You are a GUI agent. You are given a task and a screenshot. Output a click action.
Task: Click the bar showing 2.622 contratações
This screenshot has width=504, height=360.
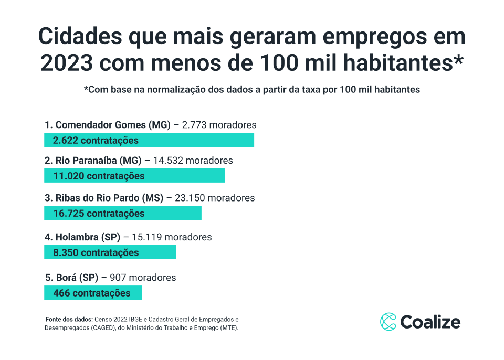click(x=149, y=140)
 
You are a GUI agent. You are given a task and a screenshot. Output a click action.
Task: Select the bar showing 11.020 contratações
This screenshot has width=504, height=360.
click(x=134, y=176)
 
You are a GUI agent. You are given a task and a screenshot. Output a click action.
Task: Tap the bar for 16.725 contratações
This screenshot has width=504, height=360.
click(x=123, y=213)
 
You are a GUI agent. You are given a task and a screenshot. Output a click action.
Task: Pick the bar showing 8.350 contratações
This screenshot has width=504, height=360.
click(x=110, y=252)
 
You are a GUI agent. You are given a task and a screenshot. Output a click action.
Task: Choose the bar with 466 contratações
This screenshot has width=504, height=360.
click(x=93, y=293)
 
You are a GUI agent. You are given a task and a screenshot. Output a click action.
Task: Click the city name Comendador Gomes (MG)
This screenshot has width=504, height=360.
click(x=113, y=125)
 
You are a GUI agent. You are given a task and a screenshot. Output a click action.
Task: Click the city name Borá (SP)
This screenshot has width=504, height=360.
click(x=77, y=278)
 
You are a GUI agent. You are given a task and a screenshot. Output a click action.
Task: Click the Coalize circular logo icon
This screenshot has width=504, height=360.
click(x=388, y=322)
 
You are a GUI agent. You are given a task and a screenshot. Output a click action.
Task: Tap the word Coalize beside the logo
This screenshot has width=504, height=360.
click(x=430, y=322)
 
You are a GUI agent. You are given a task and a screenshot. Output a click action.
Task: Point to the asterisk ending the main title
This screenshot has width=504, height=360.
click(x=458, y=60)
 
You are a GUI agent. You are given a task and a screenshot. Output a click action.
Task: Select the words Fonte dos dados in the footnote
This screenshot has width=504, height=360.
click(x=69, y=319)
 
